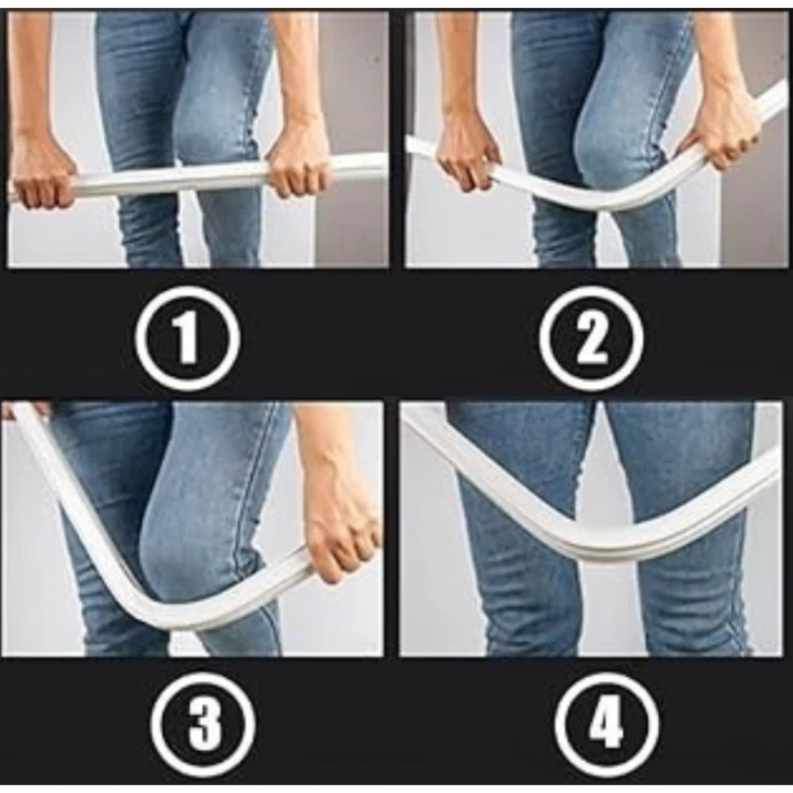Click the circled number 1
click(x=188, y=337)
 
